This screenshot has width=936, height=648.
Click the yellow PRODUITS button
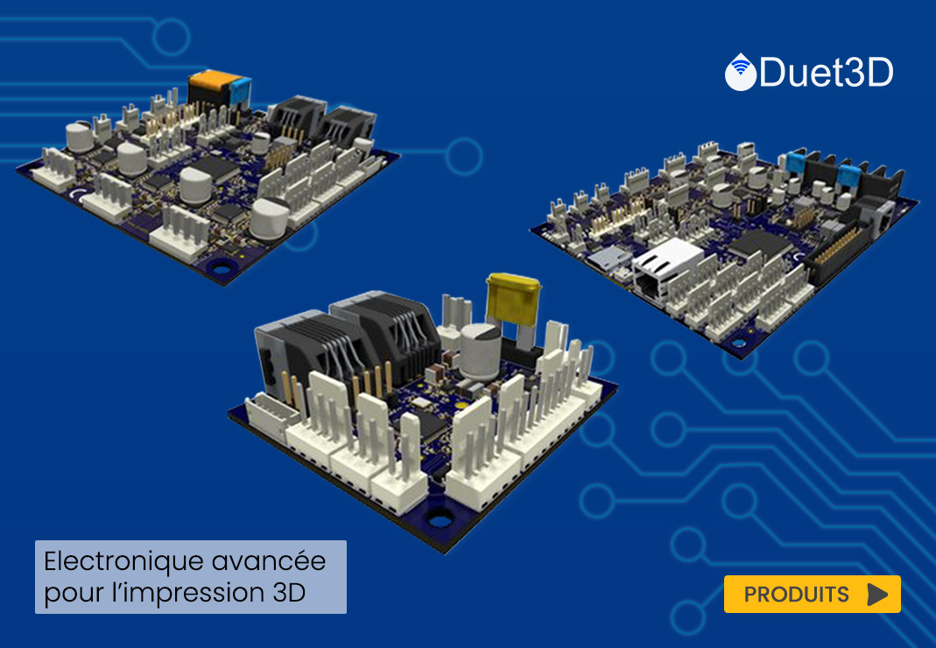[812, 594]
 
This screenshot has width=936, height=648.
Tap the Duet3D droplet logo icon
[740, 72]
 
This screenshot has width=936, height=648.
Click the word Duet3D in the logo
[827, 73]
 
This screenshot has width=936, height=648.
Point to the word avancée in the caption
[269, 561]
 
